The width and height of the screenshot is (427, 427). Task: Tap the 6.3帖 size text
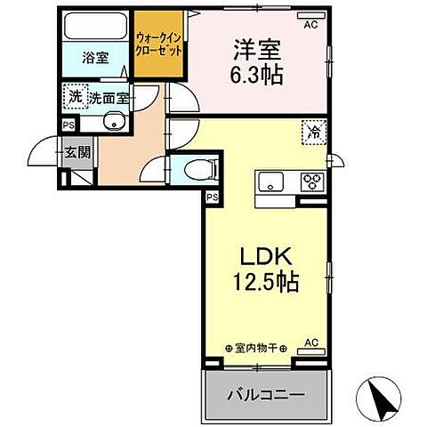coord(259,75)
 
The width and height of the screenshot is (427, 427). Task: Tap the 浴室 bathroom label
coord(95,59)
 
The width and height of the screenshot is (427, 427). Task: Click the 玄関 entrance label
coord(77,151)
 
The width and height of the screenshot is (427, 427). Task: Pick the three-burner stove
coord(312,181)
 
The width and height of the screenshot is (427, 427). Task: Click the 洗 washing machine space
coord(73,95)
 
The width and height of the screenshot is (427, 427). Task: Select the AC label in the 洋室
coord(310,25)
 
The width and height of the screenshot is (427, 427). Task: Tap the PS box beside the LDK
coord(213,197)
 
